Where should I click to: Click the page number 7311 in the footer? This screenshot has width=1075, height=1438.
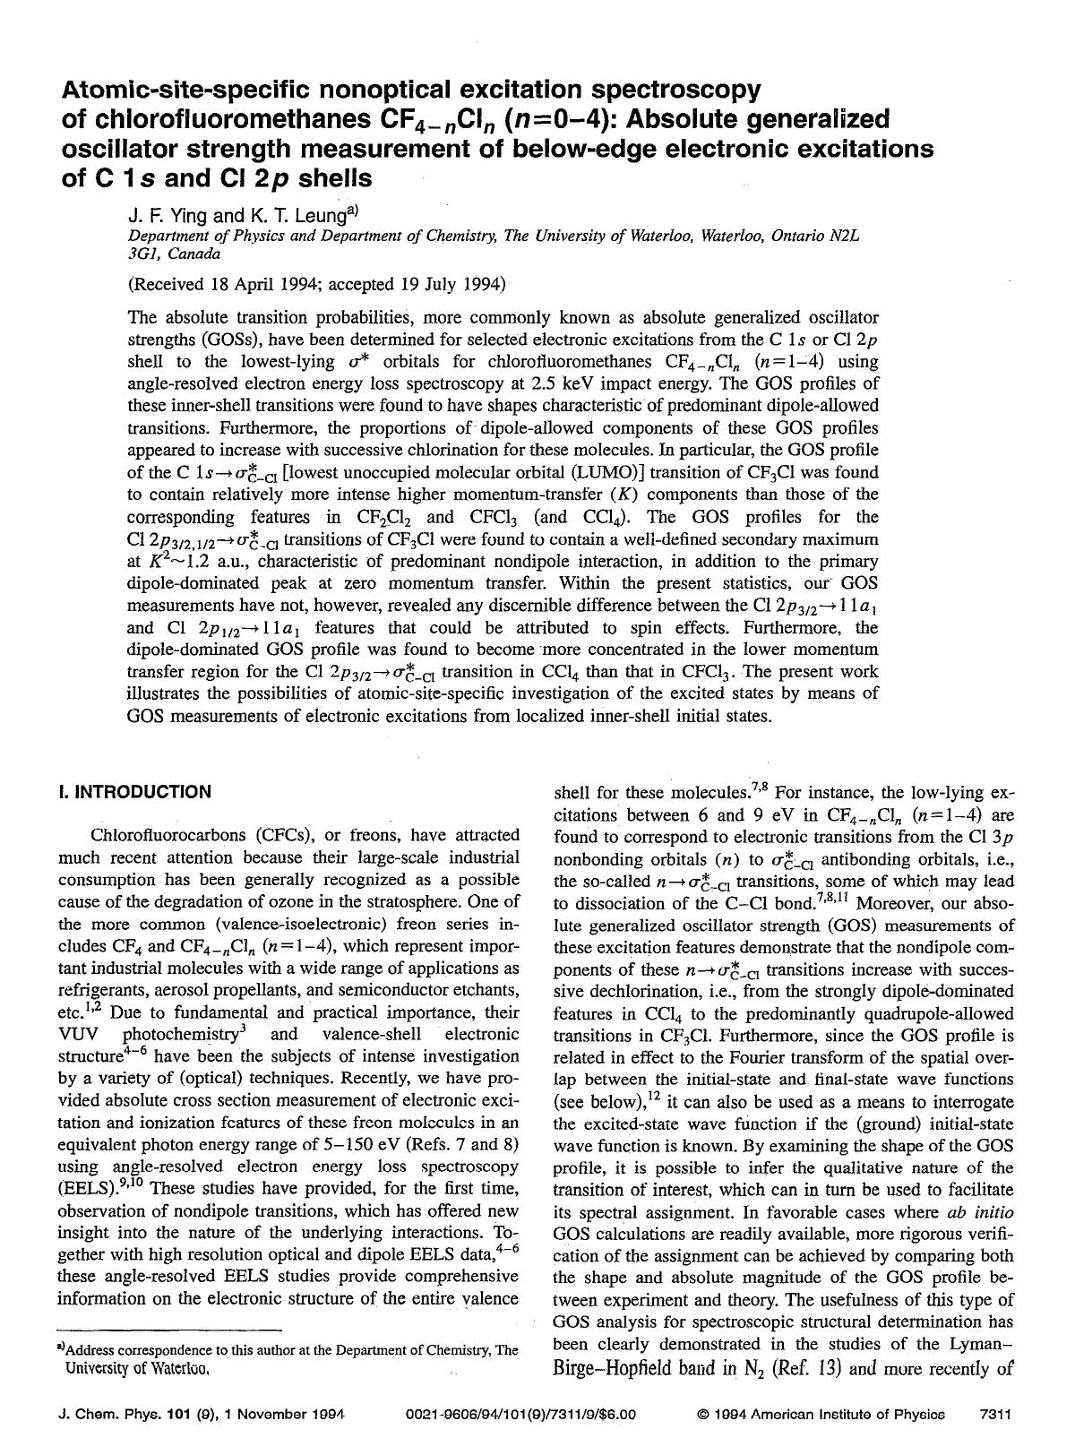[995, 1416]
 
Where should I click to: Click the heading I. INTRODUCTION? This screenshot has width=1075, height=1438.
[134, 792]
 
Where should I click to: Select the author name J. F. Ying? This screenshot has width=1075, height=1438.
[168, 215]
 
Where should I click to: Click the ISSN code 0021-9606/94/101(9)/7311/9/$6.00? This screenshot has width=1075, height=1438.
[520, 1416]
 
